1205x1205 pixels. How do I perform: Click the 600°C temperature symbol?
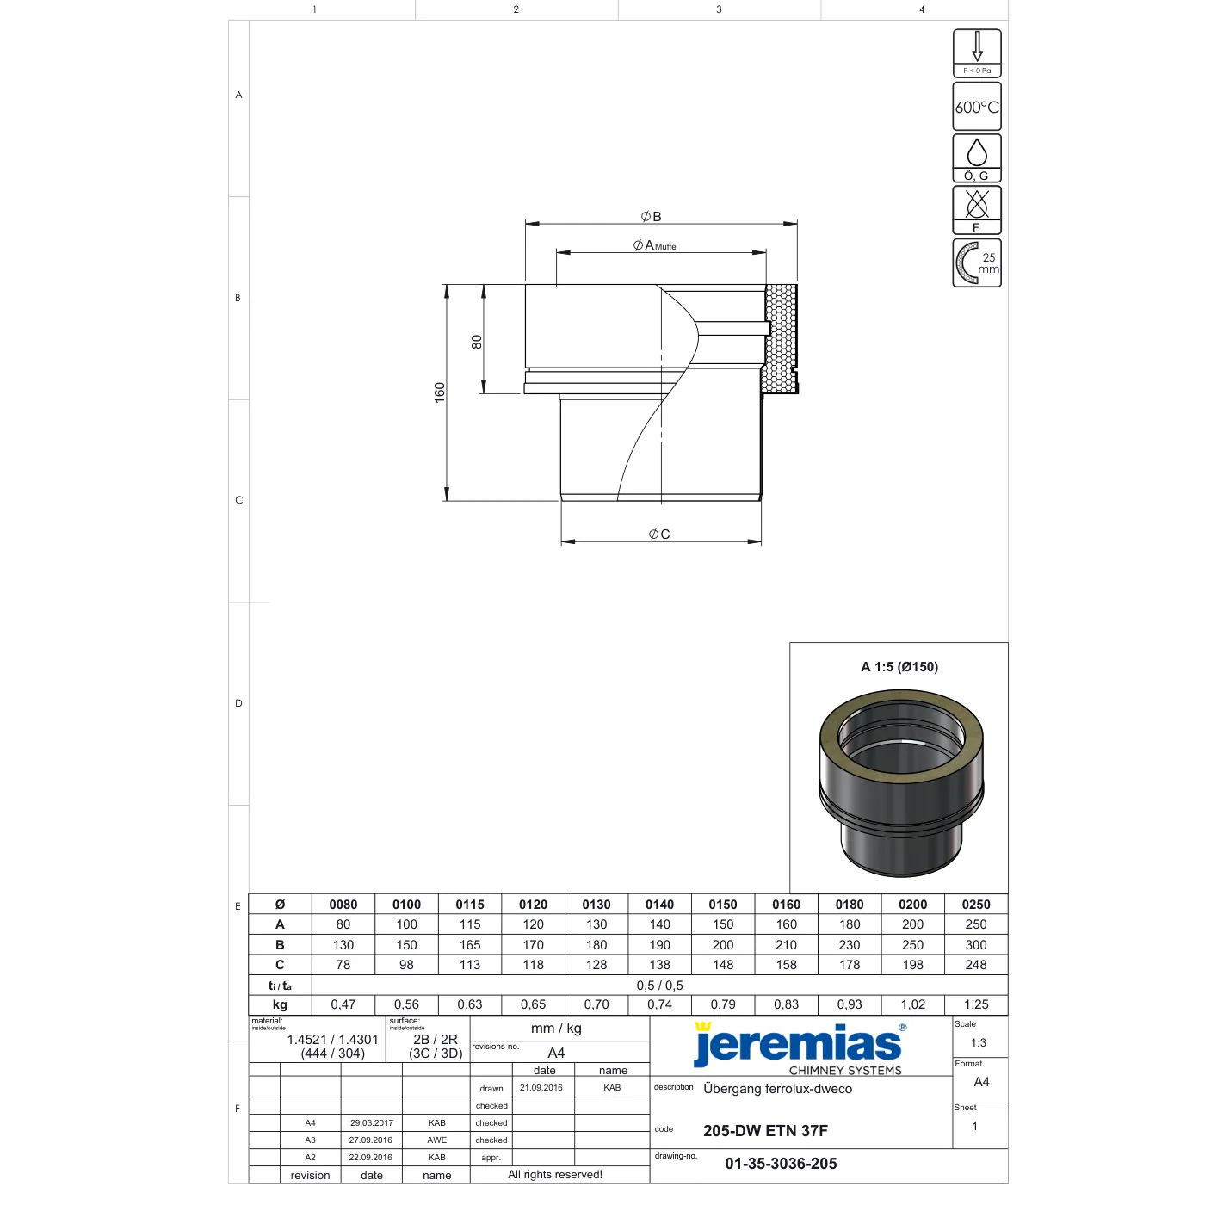click(976, 107)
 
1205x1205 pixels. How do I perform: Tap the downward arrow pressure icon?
click(976, 53)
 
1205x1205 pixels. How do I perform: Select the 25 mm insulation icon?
click(976, 263)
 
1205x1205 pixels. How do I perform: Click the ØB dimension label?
click(651, 216)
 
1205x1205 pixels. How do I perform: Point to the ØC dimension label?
click(658, 534)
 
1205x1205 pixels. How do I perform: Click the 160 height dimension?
click(440, 392)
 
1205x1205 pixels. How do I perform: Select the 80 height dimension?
click(477, 342)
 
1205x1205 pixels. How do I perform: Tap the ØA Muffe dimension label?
click(654, 245)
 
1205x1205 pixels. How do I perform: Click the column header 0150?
click(722, 905)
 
